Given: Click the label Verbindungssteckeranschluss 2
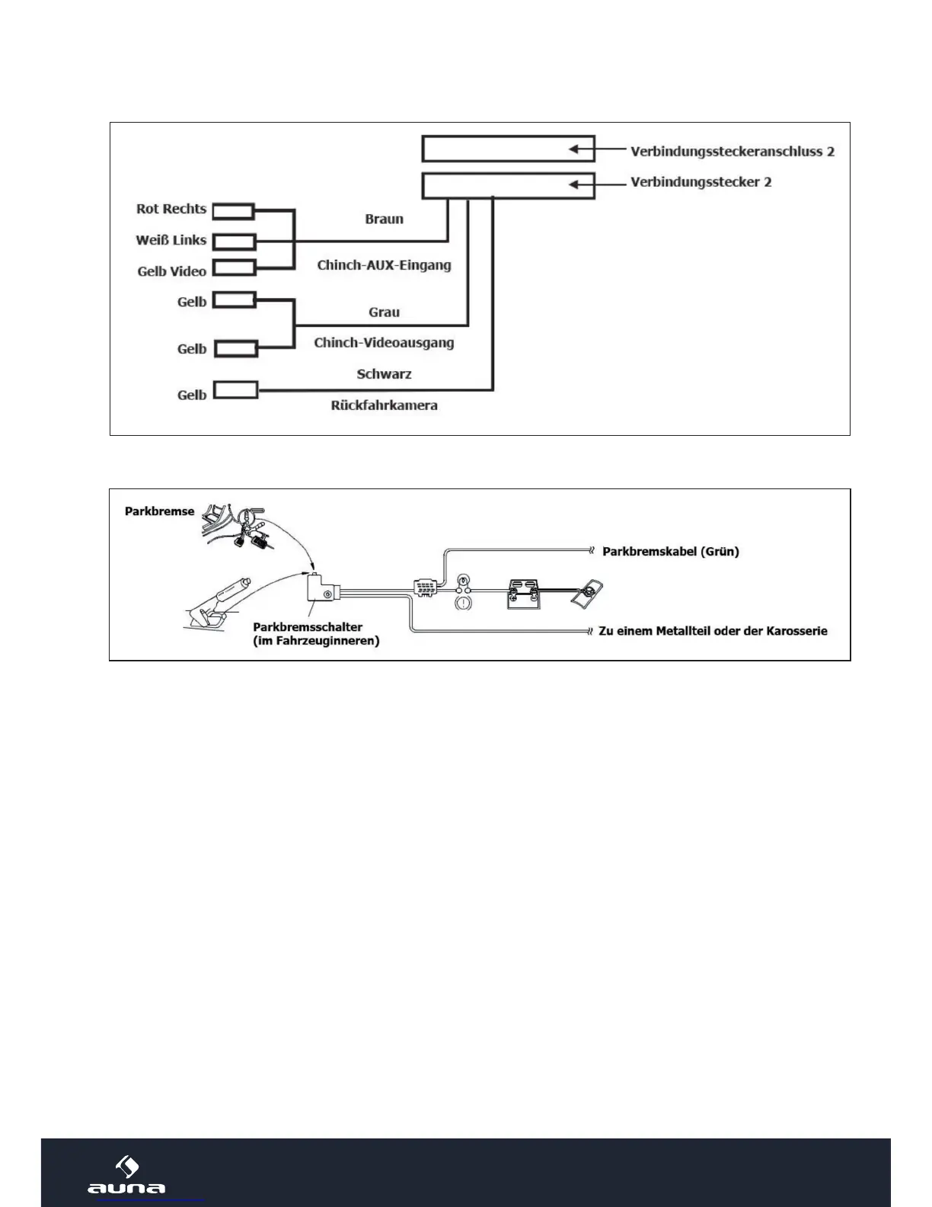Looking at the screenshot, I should (x=732, y=151).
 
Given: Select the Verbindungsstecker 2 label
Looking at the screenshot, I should (x=701, y=182).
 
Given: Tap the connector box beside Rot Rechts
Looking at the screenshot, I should (x=233, y=211).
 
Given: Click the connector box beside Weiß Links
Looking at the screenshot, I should (x=234, y=242).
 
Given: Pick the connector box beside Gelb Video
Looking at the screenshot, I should (x=233, y=267).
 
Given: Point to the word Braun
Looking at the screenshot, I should (x=384, y=219).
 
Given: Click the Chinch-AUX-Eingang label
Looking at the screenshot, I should (x=384, y=265).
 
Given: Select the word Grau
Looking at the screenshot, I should (x=384, y=312).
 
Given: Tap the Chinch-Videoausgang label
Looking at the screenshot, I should (x=384, y=343).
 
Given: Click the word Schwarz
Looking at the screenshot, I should (x=384, y=374).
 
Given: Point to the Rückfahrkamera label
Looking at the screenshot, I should (x=384, y=405).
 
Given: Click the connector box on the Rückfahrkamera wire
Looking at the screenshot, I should (x=235, y=391).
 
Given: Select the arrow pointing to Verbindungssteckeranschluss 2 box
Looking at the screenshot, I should (x=582, y=149).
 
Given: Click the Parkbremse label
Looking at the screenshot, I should (x=159, y=511).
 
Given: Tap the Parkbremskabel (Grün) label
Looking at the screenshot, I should (x=670, y=551).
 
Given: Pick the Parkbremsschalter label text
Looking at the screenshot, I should (x=308, y=627).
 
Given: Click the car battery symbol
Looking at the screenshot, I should (x=525, y=594).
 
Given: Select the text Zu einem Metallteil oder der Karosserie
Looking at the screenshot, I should (x=713, y=631).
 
